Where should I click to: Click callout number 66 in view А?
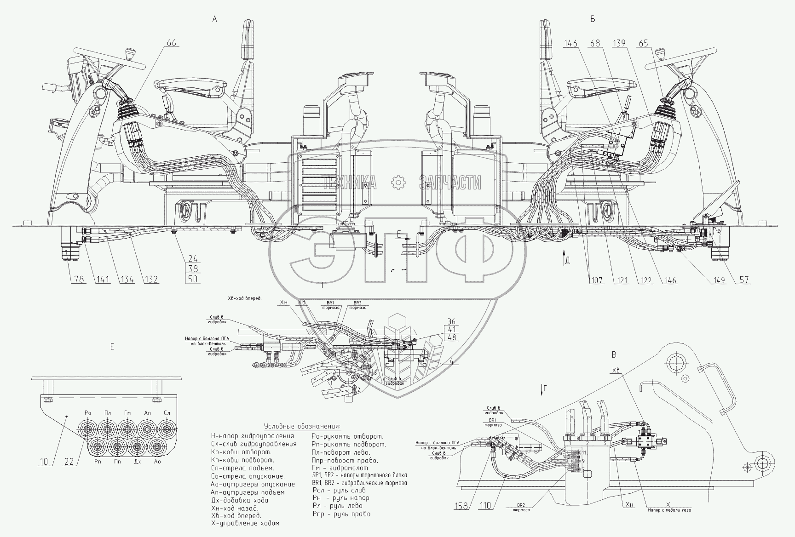pos(171,43)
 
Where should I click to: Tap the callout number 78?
pos(79,280)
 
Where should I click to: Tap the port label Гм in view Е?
pos(127,413)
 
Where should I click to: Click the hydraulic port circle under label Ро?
pos(87,430)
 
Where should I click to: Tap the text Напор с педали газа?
pos(669,510)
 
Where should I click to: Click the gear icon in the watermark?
pos(397,183)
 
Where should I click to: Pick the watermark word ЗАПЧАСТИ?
pos(450,183)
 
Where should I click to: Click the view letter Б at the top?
pos(592,19)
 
